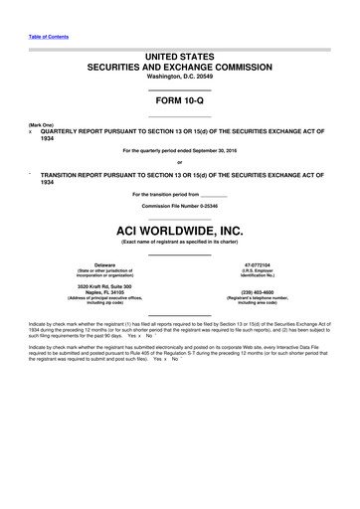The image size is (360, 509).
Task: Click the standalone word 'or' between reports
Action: pyautogui.click(x=179, y=162)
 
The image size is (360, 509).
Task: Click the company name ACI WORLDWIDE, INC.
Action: pyautogui.click(x=179, y=230)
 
